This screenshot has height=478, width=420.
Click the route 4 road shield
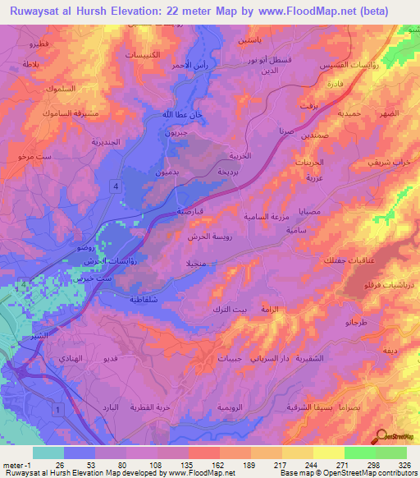[116, 188]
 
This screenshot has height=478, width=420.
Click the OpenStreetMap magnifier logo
[382, 436]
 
